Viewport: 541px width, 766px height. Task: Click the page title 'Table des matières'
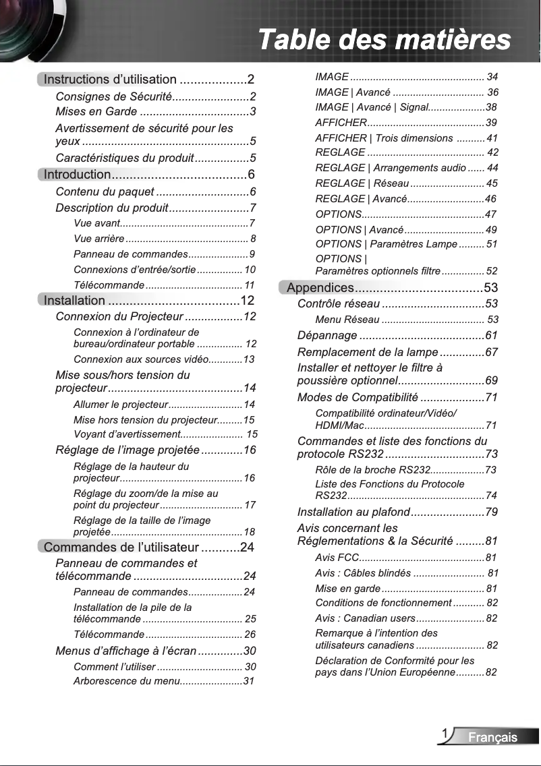point(385,39)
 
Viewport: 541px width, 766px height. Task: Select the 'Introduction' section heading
point(77,175)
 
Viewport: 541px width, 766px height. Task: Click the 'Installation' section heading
point(74,301)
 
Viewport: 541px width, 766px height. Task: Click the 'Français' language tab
point(493,737)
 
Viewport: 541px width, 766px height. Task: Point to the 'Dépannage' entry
point(327,336)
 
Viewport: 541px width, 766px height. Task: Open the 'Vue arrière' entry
point(98,239)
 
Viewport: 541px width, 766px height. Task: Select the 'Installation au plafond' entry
point(353,512)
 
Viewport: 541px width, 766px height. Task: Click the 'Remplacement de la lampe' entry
point(367,353)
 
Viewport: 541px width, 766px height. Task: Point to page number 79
point(491,512)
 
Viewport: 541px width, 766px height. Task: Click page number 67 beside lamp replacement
point(491,353)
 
